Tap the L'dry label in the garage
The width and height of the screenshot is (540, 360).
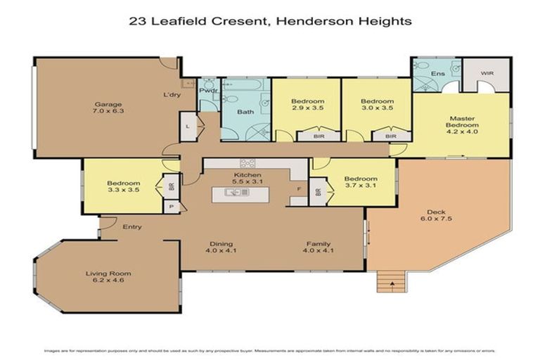click(x=171, y=95)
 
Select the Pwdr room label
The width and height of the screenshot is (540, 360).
click(x=207, y=91)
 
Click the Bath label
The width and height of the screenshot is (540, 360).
click(x=245, y=112)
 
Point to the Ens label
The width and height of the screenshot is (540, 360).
click(x=437, y=72)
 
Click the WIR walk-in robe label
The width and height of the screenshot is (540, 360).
click(x=487, y=72)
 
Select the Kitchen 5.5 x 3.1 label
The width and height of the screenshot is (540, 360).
click(x=247, y=179)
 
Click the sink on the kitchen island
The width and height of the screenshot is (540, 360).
click(x=233, y=192)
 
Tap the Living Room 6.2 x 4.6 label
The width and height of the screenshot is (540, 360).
click(x=108, y=277)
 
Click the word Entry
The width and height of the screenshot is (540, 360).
click(x=132, y=227)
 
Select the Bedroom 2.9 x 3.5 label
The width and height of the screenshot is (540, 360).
click(x=307, y=105)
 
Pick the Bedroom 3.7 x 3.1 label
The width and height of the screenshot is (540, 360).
click(x=360, y=183)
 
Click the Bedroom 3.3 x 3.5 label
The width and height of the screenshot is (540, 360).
click(x=124, y=186)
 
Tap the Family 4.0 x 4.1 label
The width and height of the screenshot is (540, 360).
click(x=318, y=247)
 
